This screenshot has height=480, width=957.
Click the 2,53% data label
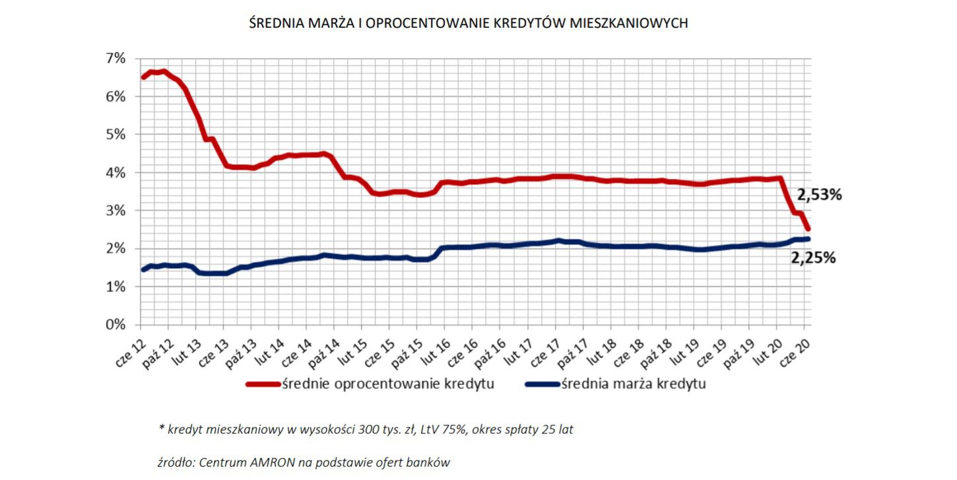(820, 195)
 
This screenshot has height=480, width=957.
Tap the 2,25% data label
(814, 258)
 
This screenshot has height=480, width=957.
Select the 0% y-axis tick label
(115, 325)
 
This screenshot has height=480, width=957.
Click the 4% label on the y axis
(115, 172)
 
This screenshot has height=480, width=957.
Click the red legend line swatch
(263, 384)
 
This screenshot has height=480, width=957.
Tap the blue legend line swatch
(542, 384)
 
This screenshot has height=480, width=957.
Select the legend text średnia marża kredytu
(633, 384)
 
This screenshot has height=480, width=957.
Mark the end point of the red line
(808, 228)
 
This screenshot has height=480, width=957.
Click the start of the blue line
(143, 269)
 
